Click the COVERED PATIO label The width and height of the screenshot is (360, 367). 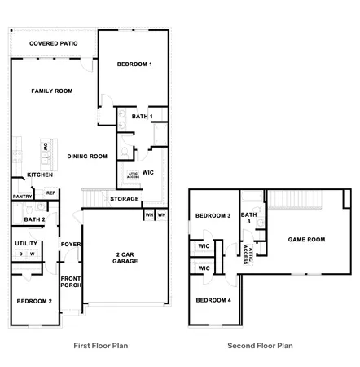tap(52, 43)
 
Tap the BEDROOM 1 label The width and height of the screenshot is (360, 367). tap(134, 64)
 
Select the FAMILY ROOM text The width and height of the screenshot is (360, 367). tap(52, 91)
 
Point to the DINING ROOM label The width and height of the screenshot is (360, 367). tap(87, 156)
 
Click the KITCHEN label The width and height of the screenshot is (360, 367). tap(40, 175)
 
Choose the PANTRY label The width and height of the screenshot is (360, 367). tap(21, 197)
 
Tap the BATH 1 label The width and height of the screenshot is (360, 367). tap(143, 117)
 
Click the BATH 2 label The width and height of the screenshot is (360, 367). tap(34, 219)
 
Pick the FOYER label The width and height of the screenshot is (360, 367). tap(70, 244)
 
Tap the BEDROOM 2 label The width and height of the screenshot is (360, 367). tap(34, 301)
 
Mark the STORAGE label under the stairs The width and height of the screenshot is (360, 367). tap(125, 198)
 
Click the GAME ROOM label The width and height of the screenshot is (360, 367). tap(307, 239)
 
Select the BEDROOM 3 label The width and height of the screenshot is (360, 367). tap(212, 216)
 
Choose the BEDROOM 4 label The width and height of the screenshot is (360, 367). tap(212, 301)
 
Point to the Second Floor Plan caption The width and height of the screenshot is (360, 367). tap(260, 345)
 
